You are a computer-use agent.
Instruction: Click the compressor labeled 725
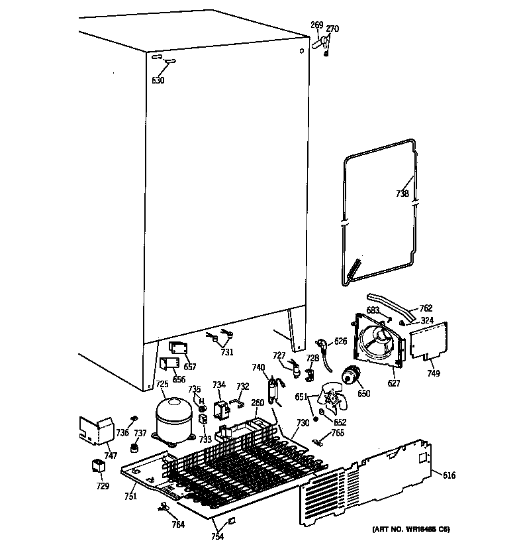(x=173, y=418)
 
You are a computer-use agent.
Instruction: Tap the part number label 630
(x=158, y=80)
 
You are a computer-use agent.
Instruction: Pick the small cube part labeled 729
(x=99, y=466)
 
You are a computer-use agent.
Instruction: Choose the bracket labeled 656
(x=169, y=364)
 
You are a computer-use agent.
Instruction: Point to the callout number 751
(x=131, y=497)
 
